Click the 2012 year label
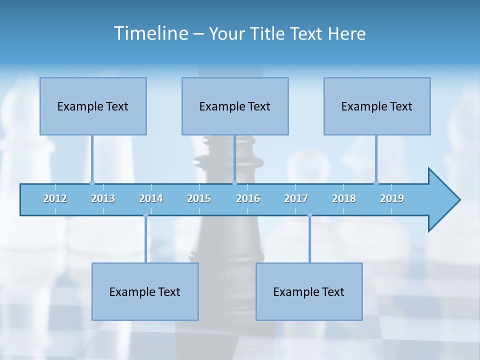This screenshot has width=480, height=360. (x=55, y=198)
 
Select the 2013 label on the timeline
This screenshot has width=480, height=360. (x=103, y=198)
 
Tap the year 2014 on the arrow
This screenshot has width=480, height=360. (x=151, y=198)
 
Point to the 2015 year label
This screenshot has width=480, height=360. (x=199, y=198)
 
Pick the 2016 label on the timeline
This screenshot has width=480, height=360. (x=248, y=198)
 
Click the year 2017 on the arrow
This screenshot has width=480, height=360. (x=296, y=198)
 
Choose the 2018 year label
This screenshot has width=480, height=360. (x=344, y=198)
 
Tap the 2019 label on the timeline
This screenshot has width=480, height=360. (x=392, y=198)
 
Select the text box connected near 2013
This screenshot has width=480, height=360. (x=93, y=106)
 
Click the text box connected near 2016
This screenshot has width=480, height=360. (x=235, y=106)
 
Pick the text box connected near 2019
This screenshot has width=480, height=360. (x=377, y=106)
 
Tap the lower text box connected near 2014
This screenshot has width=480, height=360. (x=145, y=291)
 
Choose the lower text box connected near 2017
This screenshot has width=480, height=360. (x=309, y=291)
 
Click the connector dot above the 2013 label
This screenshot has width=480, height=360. (x=92, y=183)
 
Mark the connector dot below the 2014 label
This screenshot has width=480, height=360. (x=145, y=215)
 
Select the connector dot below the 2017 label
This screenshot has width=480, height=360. (x=309, y=215)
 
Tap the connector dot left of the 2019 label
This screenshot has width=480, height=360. (x=376, y=183)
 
